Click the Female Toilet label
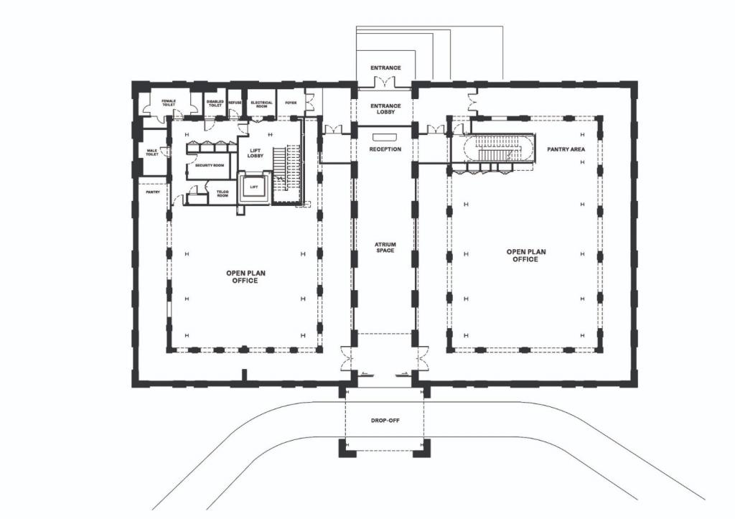pos(169,103)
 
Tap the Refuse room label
pos(235,103)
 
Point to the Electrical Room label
pos(261,104)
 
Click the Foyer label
pos(291,103)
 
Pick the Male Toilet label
pos(152,152)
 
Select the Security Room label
pos(210,165)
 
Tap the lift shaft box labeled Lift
pos(254,187)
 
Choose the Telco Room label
pos(223,192)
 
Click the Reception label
pos(385,149)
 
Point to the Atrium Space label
pos(385,248)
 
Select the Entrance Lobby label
pos(385,109)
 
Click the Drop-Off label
pos(385,420)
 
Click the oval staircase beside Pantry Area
pos(500,151)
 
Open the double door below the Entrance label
pos(385,83)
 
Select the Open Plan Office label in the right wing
pos(525,256)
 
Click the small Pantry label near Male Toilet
pos(153,192)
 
